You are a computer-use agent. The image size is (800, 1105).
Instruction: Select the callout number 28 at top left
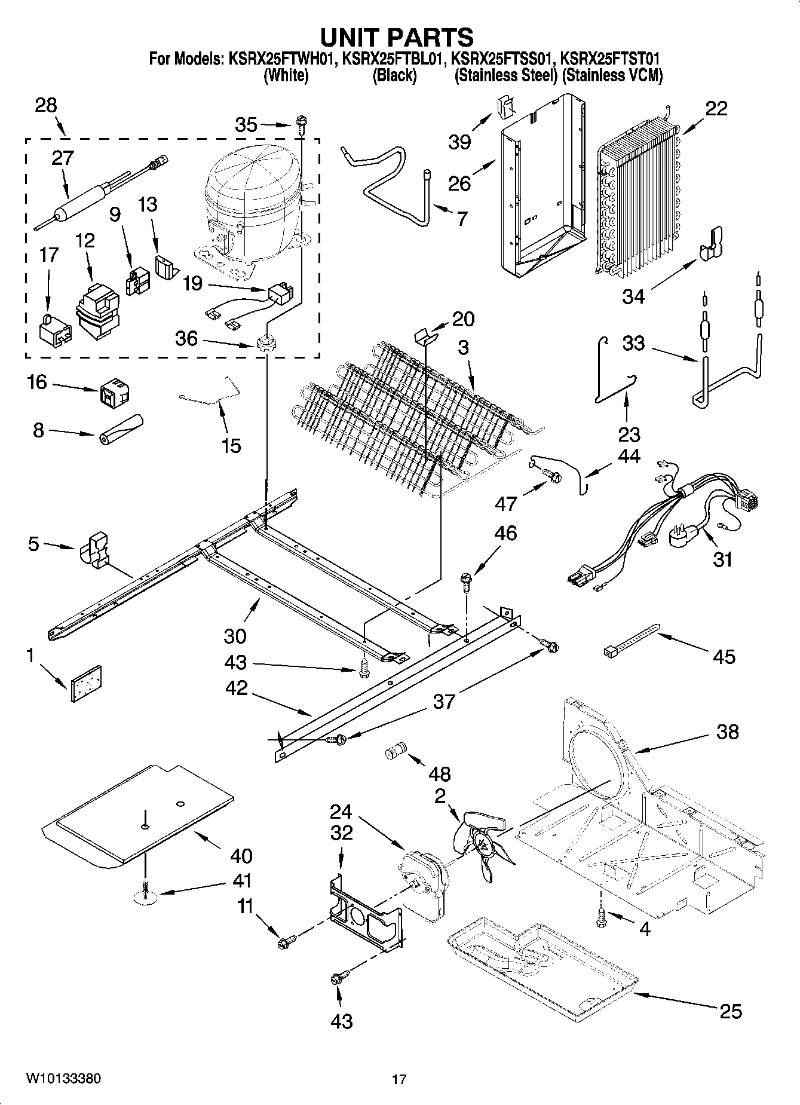pyautogui.click(x=46, y=105)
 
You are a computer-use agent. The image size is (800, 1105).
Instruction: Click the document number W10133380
pyautogui.click(x=63, y=1079)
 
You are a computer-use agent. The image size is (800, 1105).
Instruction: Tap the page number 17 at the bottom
pyautogui.click(x=399, y=1079)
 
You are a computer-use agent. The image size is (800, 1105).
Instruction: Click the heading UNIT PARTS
pyautogui.click(x=397, y=37)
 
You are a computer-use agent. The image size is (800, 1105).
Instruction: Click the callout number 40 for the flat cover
pyautogui.click(x=241, y=856)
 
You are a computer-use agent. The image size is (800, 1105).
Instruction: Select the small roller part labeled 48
pyautogui.click(x=395, y=751)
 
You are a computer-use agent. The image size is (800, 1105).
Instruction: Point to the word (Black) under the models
pyautogui.click(x=394, y=76)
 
